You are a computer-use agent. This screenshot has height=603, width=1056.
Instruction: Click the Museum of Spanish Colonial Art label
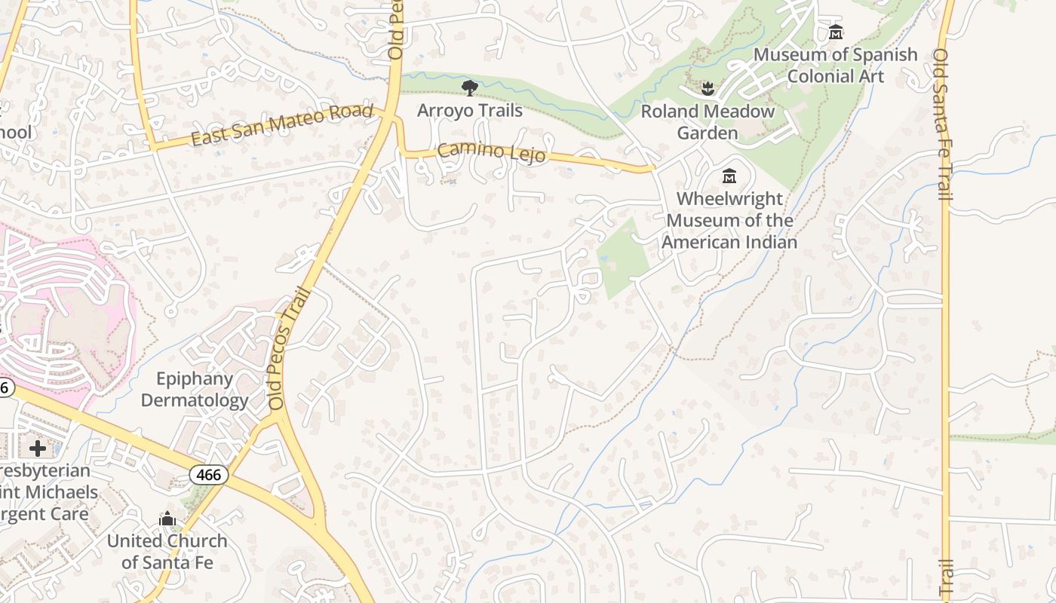(835, 65)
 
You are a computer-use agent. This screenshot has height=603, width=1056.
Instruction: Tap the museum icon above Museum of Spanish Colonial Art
(836, 32)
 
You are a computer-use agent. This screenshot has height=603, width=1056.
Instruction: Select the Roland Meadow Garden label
(708, 122)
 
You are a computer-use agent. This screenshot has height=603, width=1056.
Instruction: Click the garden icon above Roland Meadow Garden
(707, 89)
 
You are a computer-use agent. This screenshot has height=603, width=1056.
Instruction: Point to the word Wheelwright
(729, 199)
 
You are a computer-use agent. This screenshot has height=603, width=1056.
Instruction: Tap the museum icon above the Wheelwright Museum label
(729, 176)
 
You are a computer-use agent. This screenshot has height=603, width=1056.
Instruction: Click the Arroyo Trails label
(469, 110)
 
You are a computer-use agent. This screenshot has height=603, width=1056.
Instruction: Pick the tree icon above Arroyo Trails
(469, 88)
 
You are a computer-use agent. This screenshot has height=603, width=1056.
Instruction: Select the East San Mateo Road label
(282, 125)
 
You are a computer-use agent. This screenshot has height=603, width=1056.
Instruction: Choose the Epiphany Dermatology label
(195, 389)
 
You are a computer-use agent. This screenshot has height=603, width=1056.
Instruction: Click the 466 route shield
(208, 475)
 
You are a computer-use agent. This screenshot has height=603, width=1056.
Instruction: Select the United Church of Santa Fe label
(167, 551)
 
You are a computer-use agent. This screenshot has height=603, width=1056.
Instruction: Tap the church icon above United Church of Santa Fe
(167, 519)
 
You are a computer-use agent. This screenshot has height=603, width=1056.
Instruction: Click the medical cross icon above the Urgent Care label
(37, 448)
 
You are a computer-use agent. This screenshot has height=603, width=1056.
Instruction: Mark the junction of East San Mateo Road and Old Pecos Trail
(391, 117)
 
